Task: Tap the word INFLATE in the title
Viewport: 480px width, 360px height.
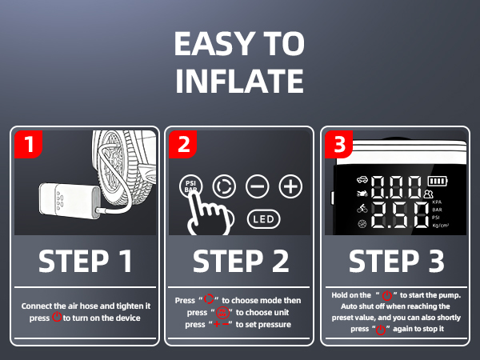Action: [239, 81]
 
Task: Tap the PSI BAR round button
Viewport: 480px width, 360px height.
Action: [190, 186]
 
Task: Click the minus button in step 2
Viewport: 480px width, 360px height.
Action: [257, 186]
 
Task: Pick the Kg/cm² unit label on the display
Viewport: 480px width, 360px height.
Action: [441, 226]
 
